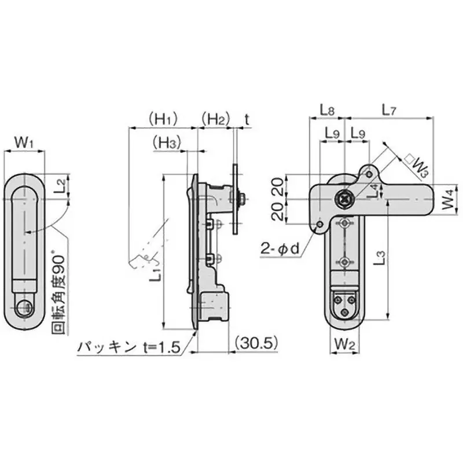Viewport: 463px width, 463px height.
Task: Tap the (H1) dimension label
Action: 162,120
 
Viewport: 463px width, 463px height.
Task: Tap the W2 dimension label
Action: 344,344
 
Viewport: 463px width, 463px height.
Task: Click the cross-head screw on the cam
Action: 345,199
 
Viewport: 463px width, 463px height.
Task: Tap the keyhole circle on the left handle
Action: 23,307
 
